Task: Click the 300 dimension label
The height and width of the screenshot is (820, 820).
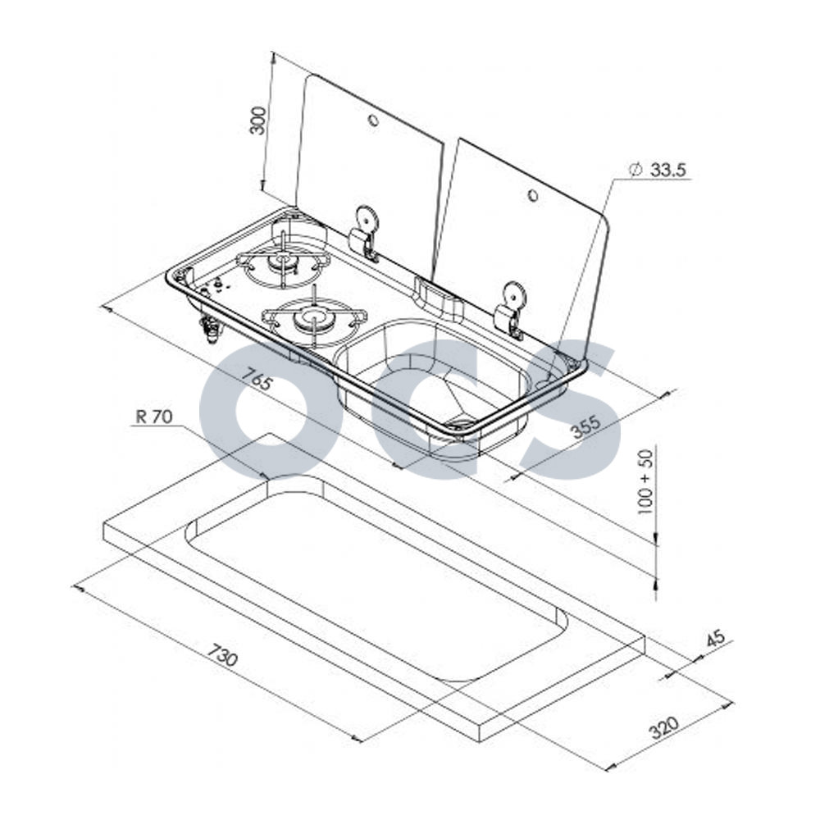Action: (258, 121)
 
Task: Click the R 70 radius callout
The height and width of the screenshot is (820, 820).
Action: (154, 417)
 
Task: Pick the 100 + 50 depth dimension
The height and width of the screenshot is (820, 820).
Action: (646, 481)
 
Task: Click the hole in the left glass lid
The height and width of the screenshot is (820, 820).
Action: (373, 121)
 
